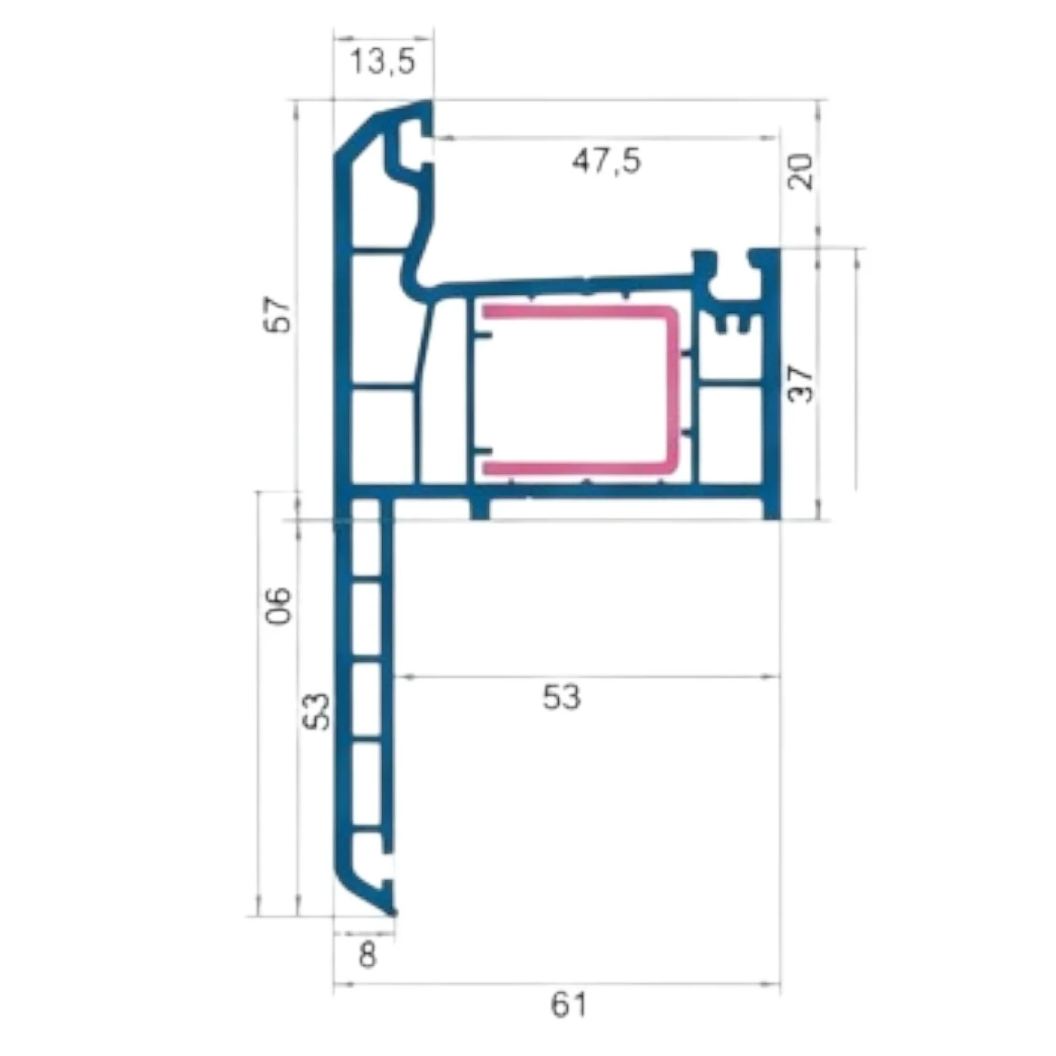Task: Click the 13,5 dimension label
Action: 382,61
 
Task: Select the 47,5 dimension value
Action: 606,162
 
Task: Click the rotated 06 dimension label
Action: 279,606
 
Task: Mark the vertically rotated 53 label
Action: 318,711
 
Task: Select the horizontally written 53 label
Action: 562,698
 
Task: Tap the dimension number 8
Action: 367,955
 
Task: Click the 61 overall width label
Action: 569,1006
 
